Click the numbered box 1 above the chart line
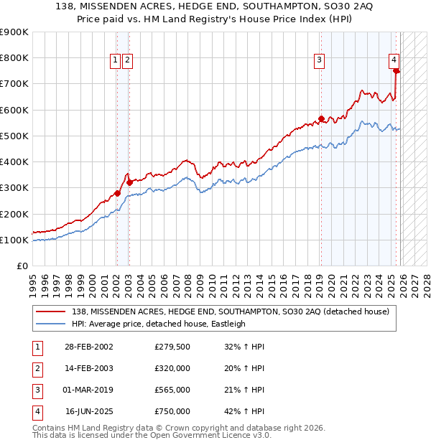[x=115, y=61]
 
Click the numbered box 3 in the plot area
[x=319, y=61]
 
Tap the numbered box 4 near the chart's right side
[x=394, y=61]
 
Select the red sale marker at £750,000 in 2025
[x=397, y=71]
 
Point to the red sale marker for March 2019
[x=321, y=119]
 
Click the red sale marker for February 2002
[x=117, y=193]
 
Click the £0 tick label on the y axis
[x=22, y=266]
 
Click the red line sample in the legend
[x=51, y=311]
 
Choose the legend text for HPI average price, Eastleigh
[x=159, y=324]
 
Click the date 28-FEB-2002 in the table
[x=89, y=347]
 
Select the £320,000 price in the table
[x=172, y=368]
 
